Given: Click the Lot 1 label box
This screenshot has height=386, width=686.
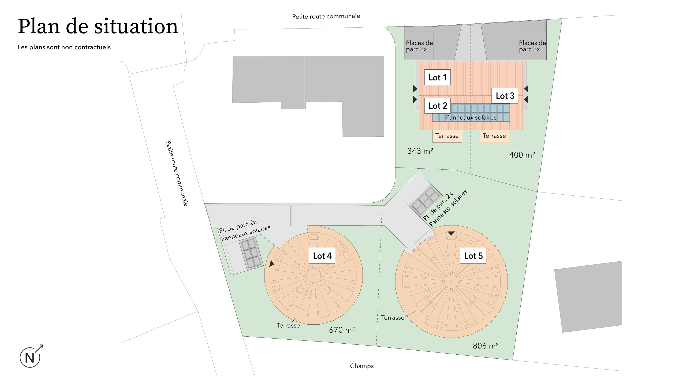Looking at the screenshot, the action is [x=437, y=77].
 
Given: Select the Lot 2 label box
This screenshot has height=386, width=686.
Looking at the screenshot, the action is [x=438, y=106].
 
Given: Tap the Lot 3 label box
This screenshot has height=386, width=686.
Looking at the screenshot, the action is [x=505, y=96].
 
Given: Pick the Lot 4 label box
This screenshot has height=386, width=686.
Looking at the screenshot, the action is [x=322, y=256].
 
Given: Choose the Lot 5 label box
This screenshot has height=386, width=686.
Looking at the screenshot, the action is [x=473, y=256].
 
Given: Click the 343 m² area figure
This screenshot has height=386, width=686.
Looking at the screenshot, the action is [x=420, y=151].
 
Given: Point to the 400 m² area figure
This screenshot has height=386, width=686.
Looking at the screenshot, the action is [x=522, y=155].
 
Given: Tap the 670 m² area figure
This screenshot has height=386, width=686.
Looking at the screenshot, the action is [x=342, y=330].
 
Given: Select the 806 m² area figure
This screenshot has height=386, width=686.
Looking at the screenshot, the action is [x=486, y=346].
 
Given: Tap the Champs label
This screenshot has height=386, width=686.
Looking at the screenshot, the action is [x=362, y=366].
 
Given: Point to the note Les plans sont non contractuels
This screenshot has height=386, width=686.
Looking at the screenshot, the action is [x=64, y=47].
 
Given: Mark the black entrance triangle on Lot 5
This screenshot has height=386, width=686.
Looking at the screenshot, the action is [x=451, y=233].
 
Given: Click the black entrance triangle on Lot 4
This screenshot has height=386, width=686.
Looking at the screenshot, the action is [x=271, y=263].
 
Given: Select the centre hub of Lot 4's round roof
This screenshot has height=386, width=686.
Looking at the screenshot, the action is [x=314, y=275].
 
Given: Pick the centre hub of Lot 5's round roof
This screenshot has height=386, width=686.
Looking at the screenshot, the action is [x=452, y=281].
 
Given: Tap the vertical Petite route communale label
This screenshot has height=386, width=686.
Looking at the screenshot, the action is [x=177, y=173].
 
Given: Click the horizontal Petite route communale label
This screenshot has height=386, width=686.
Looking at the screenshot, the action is [x=326, y=16].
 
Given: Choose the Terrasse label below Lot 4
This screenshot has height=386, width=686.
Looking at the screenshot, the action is [x=288, y=325].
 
